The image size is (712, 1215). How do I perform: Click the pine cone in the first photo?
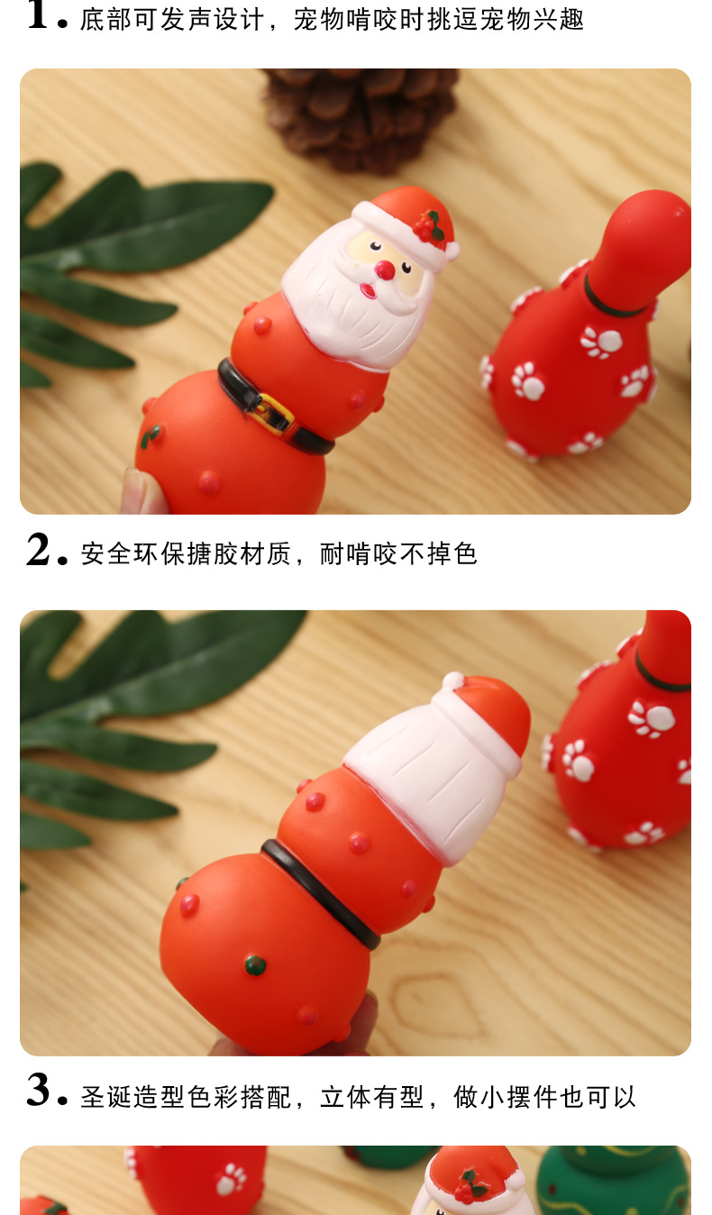(x=361, y=116)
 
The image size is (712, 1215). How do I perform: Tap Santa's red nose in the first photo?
(x=385, y=269)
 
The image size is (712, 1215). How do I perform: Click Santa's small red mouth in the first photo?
(x=369, y=291)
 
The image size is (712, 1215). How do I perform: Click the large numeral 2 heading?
(x=39, y=550)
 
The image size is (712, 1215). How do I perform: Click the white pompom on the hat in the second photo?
(x=453, y=681)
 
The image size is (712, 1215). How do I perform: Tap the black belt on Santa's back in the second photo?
(x=321, y=893)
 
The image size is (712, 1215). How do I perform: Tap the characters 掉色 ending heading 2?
(x=452, y=553)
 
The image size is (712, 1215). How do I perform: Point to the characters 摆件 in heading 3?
(x=533, y=1097)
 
